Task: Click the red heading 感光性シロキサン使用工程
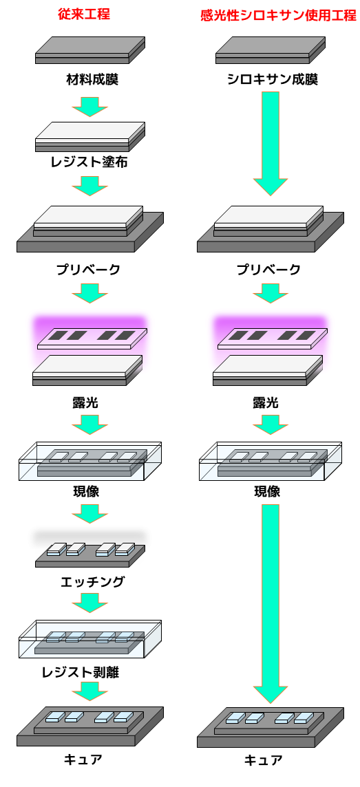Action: click(278, 16)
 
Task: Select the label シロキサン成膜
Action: click(272, 80)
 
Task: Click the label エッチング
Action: click(92, 582)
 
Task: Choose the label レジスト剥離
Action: click(85, 672)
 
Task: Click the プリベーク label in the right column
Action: click(269, 270)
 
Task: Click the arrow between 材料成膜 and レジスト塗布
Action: click(90, 105)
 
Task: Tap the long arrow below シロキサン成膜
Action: click(271, 144)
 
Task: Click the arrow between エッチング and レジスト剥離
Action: click(90, 603)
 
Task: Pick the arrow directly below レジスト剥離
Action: click(90, 691)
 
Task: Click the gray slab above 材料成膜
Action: click(90, 50)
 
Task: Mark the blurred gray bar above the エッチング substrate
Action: click(90, 537)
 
